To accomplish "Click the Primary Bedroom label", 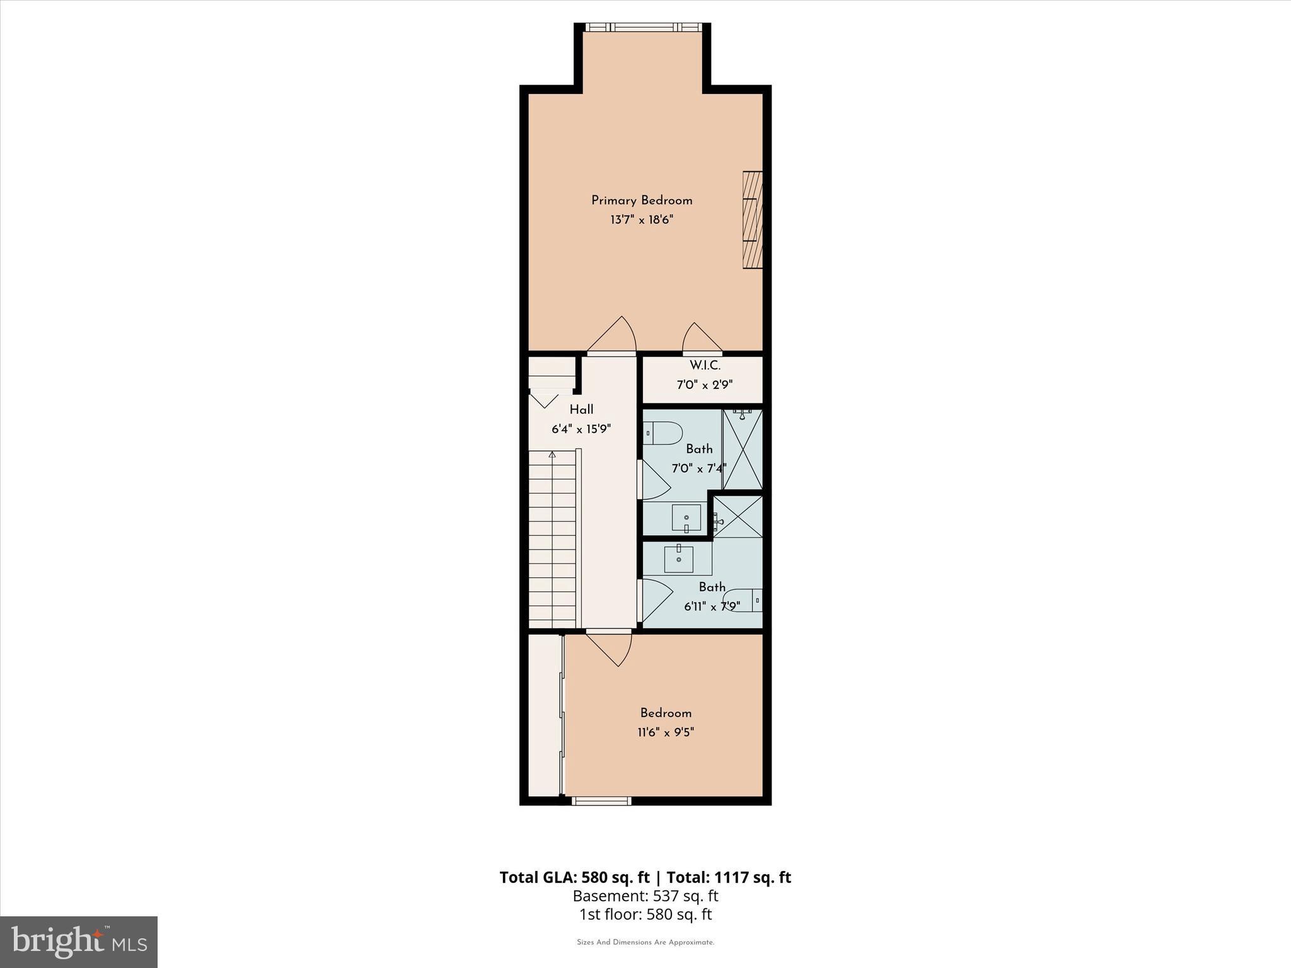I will click(x=642, y=200).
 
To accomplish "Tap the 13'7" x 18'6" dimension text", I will click(x=642, y=220).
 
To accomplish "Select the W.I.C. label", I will click(x=705, y=366).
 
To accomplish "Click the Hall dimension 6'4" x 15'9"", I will click(x=581, y=429).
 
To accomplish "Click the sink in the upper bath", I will click(x=686, y=518).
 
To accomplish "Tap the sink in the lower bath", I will click(x=679, y=559).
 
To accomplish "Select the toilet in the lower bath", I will click(x=743, y=600).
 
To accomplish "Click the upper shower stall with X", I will click(x=743, y=449).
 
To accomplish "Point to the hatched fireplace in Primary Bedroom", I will click(x=753, y=220).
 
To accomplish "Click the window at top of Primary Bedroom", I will click(x=642, y=27).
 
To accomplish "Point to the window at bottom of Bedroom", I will click(x=601, y=801).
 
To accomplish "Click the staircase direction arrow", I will click(x=552, y=454).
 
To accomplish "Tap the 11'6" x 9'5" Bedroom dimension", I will click(x=666, y=732).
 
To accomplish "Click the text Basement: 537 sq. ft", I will click(x=645, y=896).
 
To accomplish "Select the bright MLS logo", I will click(x=79, y=942).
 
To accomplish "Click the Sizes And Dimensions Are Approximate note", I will click(x=645, y=943).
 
